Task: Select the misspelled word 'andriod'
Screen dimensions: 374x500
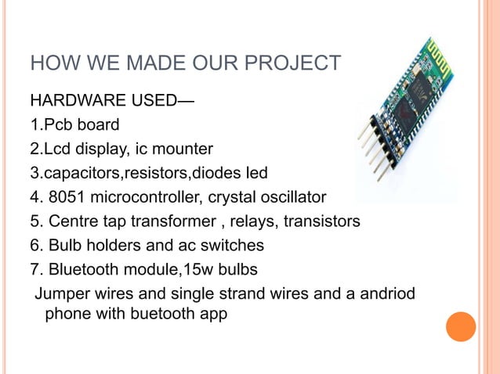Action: tap(386, 294)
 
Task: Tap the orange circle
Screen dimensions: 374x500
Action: tap(461, 326)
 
